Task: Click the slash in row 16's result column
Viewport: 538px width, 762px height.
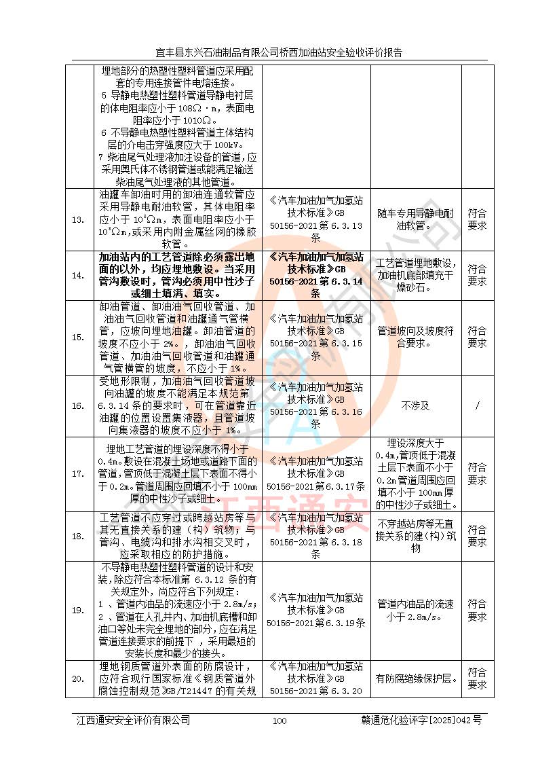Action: (478, 405)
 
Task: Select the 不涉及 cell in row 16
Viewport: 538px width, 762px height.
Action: (415, 405)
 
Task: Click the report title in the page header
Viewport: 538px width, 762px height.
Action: (279, 52)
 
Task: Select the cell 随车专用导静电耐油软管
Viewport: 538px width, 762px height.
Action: (415, 219)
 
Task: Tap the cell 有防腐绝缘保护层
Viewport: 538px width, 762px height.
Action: (415, 678)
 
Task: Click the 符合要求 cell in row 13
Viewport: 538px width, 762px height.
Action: (478, 219)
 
